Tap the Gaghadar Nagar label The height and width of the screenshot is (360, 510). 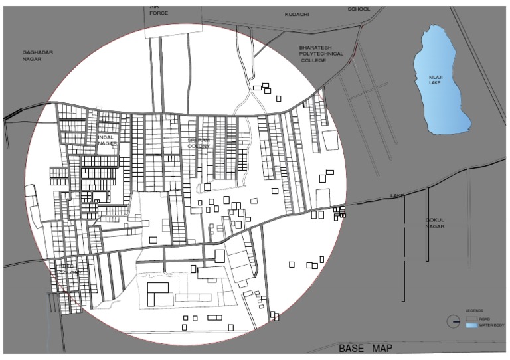[x=37, y=55]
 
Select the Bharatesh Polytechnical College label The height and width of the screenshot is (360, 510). [x=321, y=54]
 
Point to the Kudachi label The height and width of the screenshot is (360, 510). [x=296, y=14]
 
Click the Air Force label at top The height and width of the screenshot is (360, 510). [x=159, y=9]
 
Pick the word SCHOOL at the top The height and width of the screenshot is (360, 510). [x=359, y=9]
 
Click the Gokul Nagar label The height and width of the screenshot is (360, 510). [x=435, y=223]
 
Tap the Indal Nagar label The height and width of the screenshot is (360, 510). [x=108, y=140]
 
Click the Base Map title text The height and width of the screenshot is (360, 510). [x=365, y=349]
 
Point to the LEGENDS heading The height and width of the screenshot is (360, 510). [x=474, y=310]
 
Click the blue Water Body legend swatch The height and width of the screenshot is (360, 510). [x=471, y=325]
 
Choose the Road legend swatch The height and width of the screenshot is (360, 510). [x=471, y=319]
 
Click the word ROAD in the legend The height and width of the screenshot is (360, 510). [x=484, y=319]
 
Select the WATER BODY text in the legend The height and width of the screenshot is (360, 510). [x=491, y=325]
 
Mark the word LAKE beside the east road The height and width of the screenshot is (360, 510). [x=397, y=195]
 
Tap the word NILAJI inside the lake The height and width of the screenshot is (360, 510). [x=435, y=78]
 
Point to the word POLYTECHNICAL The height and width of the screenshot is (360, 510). [x=321, y=54]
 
